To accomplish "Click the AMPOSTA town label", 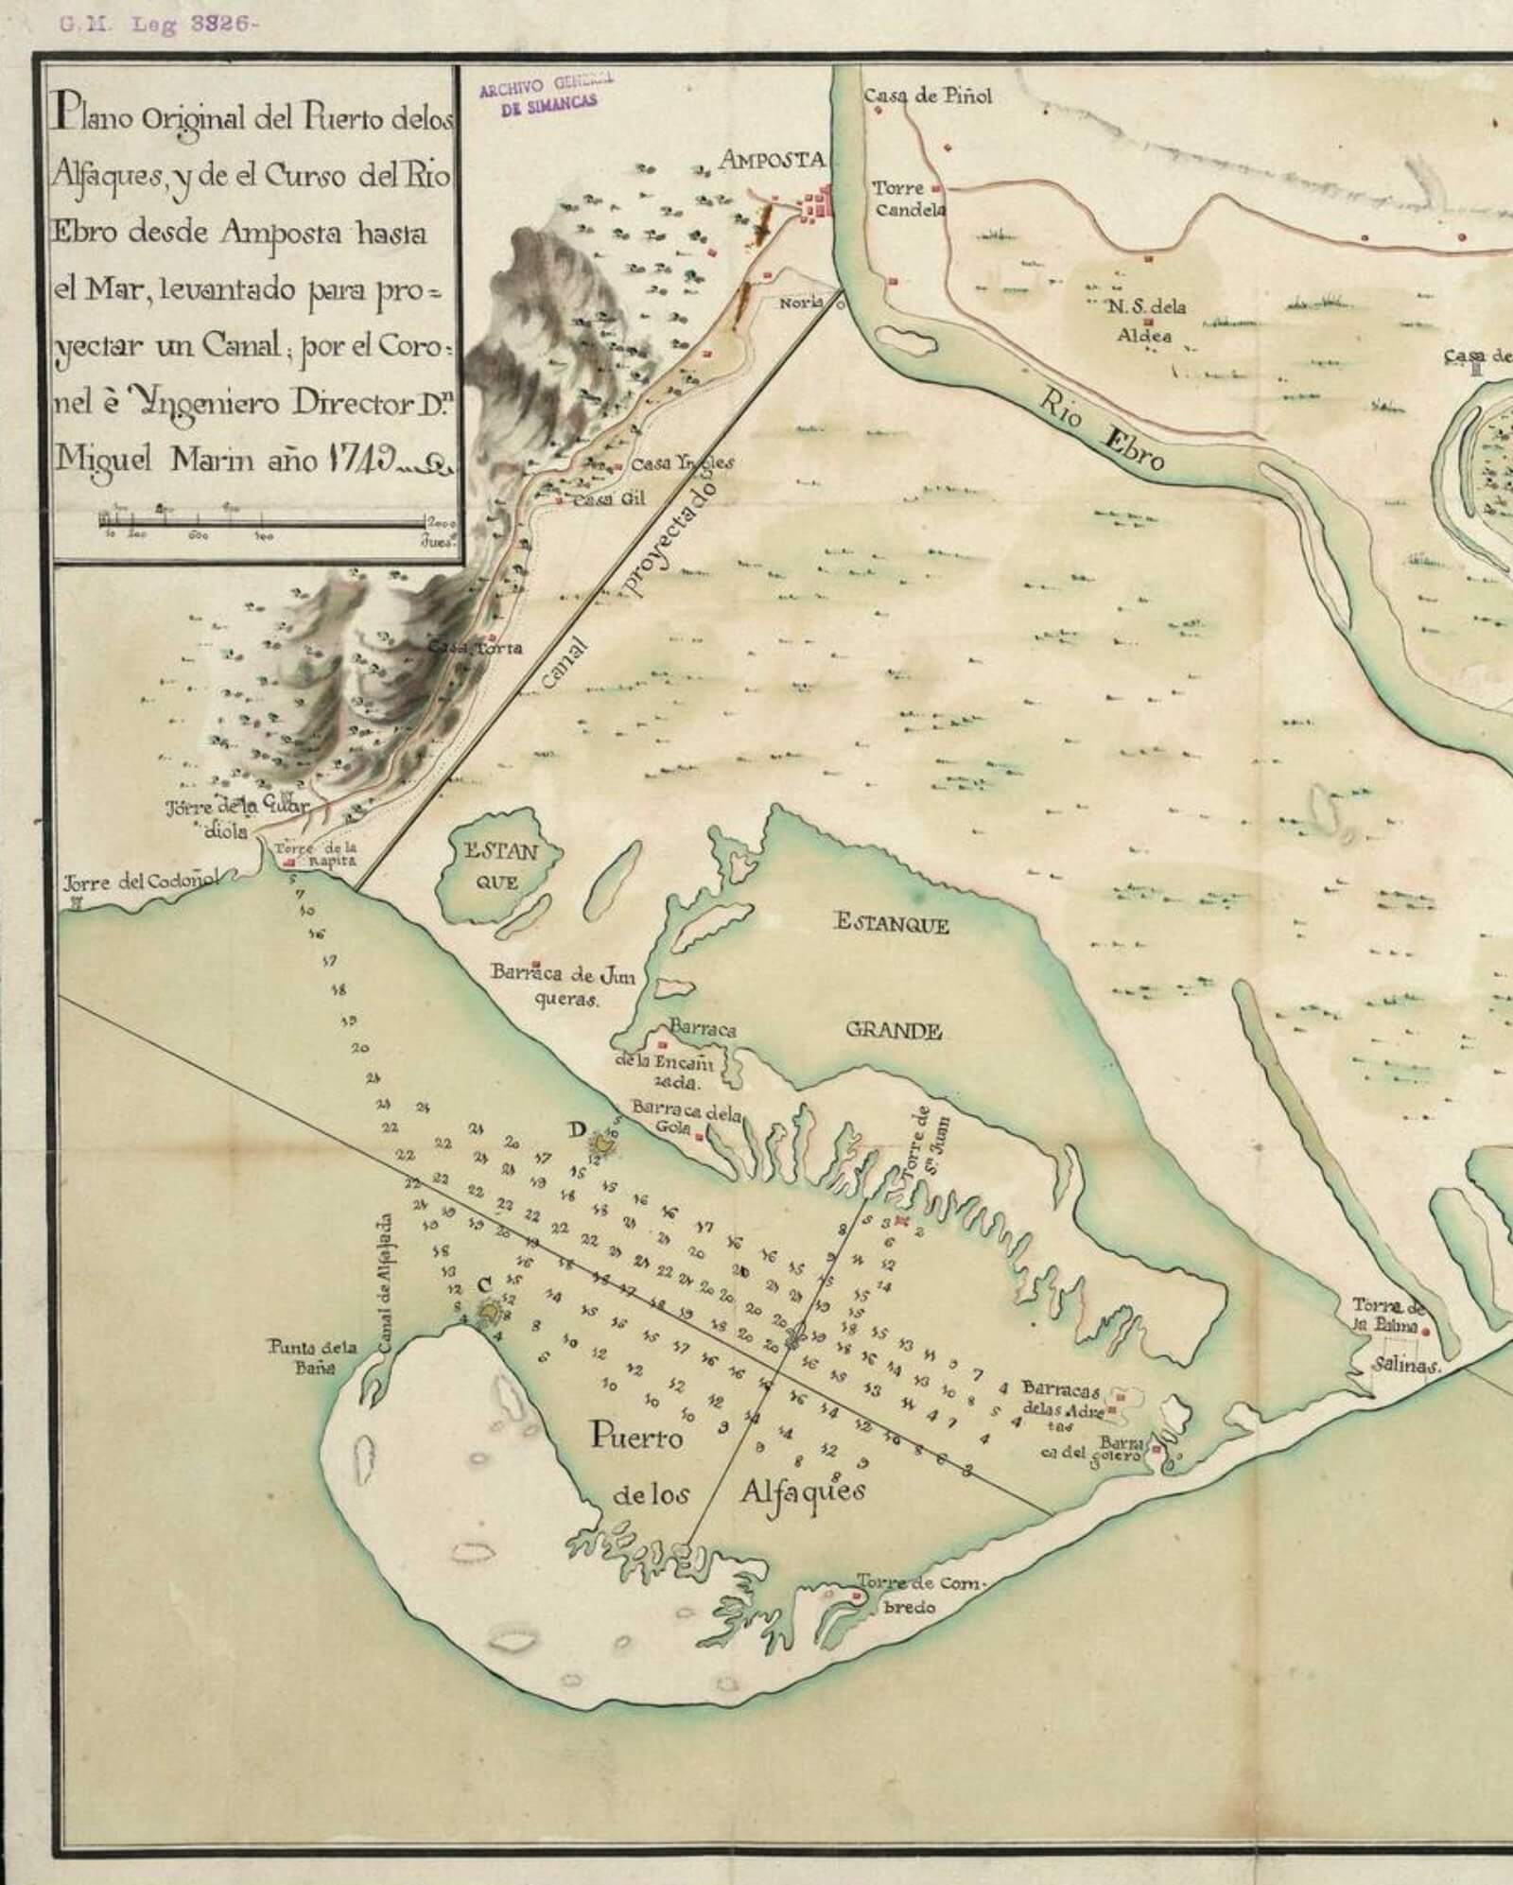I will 772,160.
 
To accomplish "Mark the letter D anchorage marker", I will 578,1129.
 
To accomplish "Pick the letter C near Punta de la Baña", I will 484,1284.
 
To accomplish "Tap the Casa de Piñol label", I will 928,96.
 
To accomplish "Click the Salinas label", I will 1408,1367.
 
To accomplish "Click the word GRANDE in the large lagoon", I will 893,1031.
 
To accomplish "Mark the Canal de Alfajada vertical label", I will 387,1287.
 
